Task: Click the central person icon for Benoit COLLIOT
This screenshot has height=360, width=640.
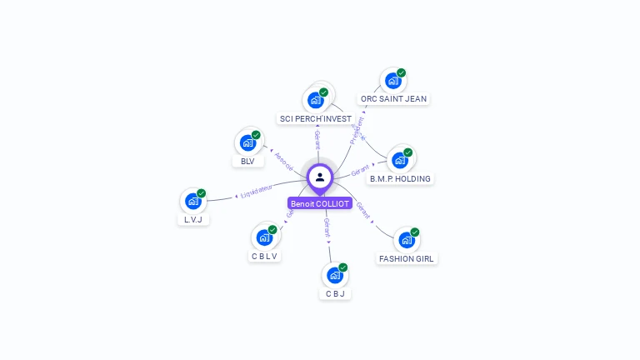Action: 320,177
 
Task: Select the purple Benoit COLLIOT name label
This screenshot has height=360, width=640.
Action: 320,203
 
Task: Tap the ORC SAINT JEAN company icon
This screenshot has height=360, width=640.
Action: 392,82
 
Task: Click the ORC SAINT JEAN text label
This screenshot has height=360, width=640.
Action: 393,98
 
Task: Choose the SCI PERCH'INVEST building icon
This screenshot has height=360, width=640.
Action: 315,101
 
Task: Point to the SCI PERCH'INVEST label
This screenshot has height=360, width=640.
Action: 316,118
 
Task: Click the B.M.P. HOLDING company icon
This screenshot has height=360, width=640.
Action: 400,160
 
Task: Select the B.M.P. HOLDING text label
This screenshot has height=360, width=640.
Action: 401,178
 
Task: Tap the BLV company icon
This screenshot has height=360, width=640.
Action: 247,142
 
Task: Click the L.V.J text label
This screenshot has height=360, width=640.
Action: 193,220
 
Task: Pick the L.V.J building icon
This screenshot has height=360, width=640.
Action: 193,201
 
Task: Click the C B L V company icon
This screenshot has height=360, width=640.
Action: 265,237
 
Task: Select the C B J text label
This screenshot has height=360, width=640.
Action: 335,293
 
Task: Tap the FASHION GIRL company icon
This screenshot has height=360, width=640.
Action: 407,240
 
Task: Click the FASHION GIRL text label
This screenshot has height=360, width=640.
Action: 407,258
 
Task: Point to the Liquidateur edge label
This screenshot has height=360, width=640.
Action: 257,192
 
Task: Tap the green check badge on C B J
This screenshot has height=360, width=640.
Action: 342,267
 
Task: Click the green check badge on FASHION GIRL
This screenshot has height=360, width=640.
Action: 414,232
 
